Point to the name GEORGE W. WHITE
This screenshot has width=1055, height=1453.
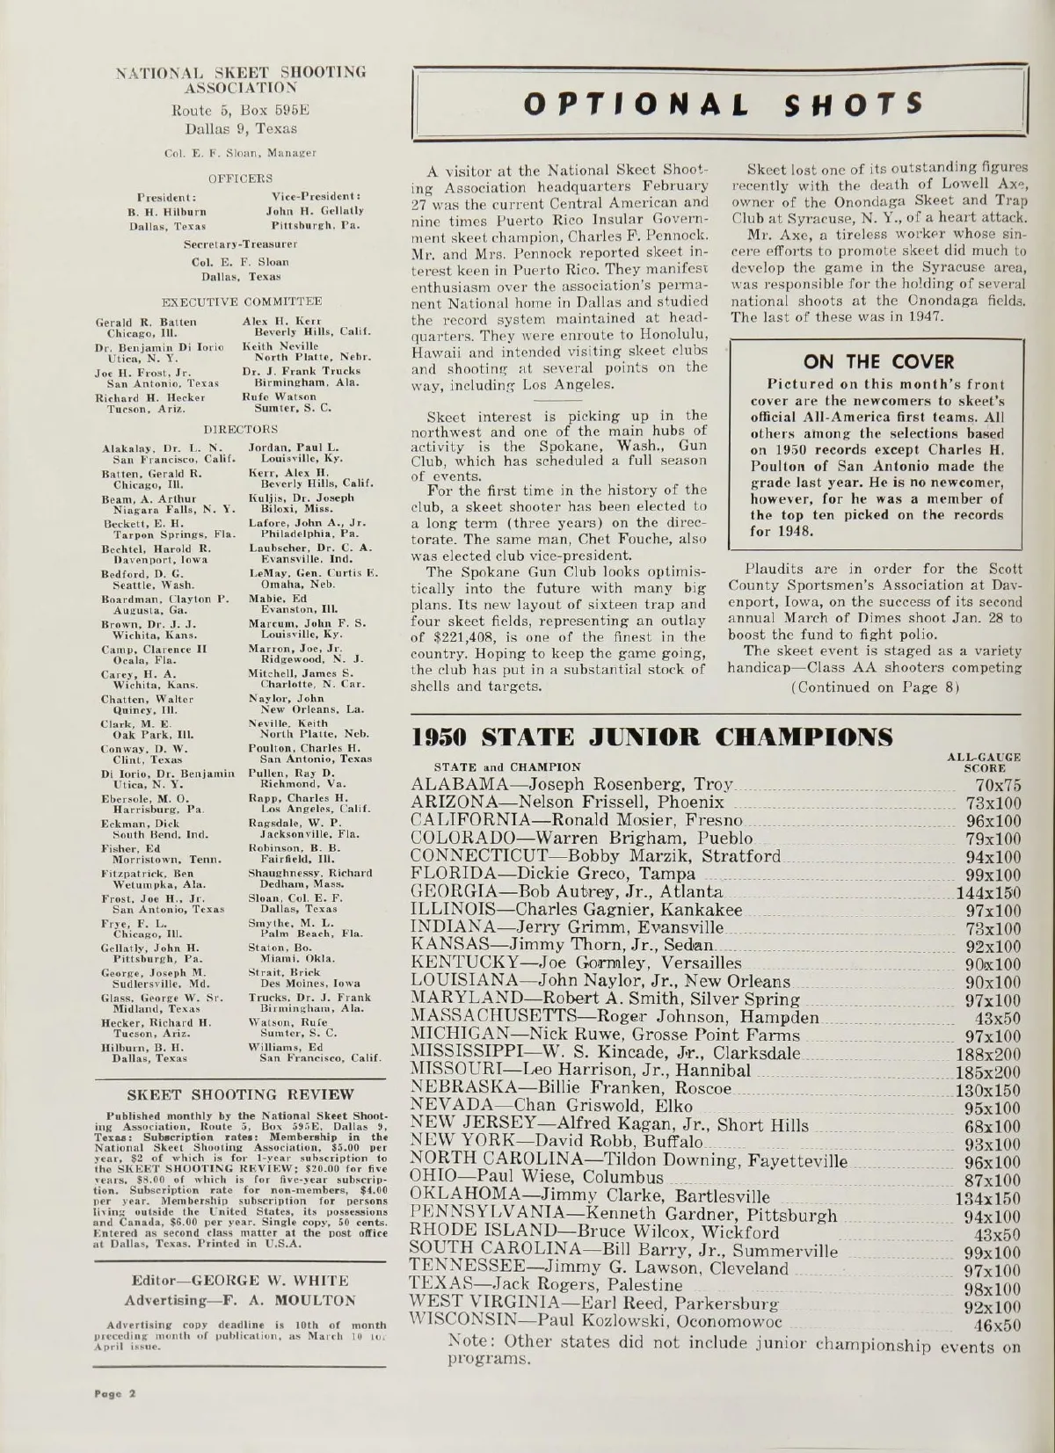click(271, 1280)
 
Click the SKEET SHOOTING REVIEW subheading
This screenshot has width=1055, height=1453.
click(241, 1094)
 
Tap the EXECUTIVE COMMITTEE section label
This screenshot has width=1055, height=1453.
click(240, 301)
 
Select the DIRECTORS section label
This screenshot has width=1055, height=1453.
click(240, 430)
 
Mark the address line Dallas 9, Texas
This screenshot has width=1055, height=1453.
click(240, 128)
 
